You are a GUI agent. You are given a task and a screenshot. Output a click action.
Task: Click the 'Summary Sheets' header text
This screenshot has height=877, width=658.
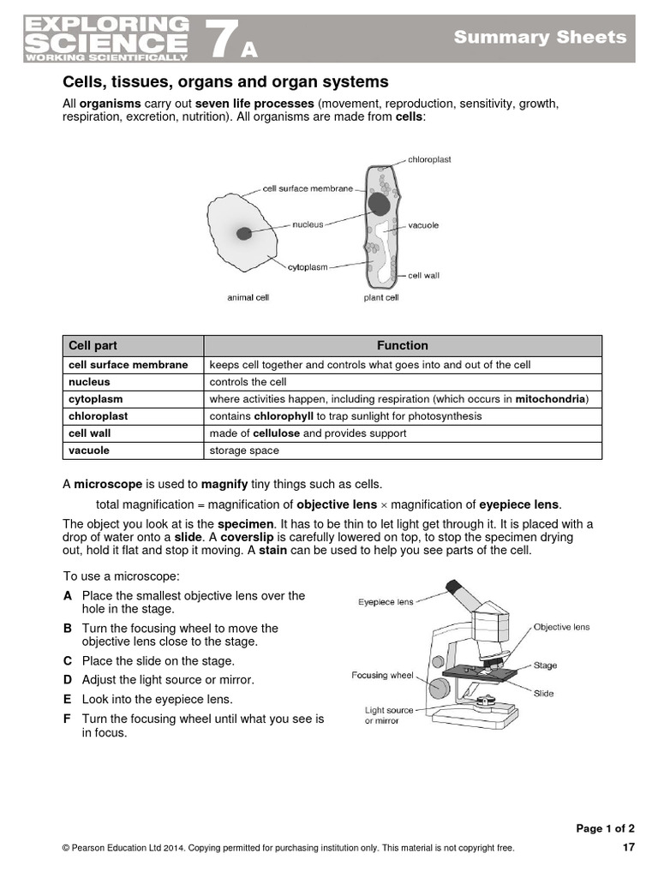[x=540, y=37]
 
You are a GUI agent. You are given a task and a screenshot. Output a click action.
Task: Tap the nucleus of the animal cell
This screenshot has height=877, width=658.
[x=244, y=233]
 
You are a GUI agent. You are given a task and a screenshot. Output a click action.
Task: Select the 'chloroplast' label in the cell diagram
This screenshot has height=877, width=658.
[x=429, y=159]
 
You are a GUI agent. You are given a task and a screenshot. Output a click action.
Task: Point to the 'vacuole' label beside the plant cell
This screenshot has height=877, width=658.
[x=423, y=225]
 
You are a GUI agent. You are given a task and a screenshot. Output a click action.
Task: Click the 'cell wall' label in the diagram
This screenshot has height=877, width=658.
[x=423, y=276]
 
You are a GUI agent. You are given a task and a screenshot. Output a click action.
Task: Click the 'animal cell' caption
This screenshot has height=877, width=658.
[x=248, y=297]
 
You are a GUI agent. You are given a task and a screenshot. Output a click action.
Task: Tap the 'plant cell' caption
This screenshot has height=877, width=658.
[x=381, y=297]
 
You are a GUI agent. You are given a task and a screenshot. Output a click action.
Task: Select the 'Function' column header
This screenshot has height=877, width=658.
[x=402, y=346]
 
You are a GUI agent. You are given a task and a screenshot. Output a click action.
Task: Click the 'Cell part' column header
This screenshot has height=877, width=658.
[x=93, y=346]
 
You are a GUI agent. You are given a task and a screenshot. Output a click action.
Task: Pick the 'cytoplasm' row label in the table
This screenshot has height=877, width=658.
[x=96, y=399]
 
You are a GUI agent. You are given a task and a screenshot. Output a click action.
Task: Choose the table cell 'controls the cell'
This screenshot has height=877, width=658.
[x=248, y=382]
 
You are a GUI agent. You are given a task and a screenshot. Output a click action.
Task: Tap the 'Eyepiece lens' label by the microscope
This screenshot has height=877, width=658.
[x=386, y=602]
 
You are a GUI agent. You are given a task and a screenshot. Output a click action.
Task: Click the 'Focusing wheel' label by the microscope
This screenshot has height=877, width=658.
[x=382, y=676]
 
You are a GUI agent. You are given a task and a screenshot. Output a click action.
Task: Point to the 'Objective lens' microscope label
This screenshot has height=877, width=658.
[x=561, y=627]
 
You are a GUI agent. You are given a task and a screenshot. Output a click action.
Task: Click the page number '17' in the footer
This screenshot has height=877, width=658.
[x=628, y=848]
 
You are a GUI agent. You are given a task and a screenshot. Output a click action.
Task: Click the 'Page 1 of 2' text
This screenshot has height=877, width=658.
[x=605, y=828]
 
